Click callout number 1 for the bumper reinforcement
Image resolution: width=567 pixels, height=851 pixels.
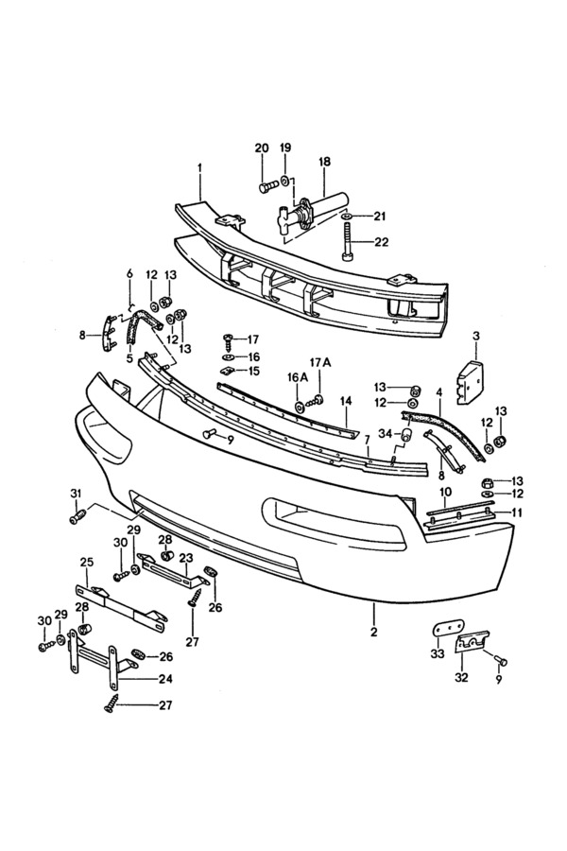[200, 167]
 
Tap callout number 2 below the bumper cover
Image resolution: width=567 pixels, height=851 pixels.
[373, 632]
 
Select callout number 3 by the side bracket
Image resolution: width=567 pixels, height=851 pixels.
[475, 336]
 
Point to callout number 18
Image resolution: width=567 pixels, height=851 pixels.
[324, 162]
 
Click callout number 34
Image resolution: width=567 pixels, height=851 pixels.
[384, 433]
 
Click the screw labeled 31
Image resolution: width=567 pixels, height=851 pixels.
[78, 516]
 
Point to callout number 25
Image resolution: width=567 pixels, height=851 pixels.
[87, 563]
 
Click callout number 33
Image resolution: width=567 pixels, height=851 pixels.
[436, 654]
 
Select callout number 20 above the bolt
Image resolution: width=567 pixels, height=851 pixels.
[261, 148]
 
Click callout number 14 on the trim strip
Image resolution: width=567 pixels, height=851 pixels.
[346, 401]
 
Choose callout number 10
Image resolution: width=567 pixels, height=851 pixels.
[445, 493]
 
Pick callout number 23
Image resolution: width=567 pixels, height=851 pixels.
[185, 557]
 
